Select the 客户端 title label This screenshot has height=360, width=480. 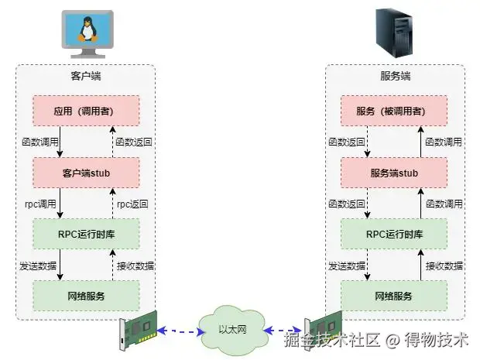pos(85,77)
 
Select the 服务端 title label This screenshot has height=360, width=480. pos(395,77)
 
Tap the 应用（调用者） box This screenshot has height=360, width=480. pos(85,110)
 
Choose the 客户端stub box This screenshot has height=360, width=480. pos(85,172)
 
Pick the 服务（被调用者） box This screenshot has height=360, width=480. pos(395,110)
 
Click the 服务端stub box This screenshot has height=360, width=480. pos(395,172)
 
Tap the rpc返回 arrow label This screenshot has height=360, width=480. pos(132,204)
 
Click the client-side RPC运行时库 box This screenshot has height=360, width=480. pos(85,234)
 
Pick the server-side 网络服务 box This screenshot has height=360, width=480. pos(395,296)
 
